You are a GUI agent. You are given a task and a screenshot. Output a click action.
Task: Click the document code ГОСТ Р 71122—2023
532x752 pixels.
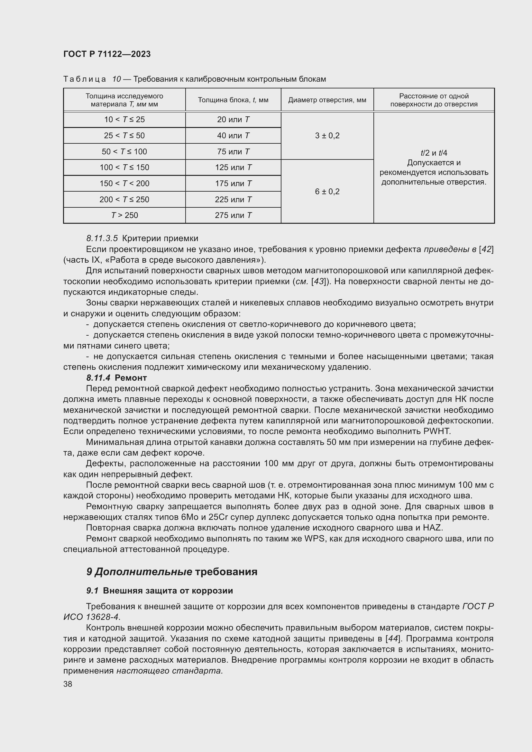107,54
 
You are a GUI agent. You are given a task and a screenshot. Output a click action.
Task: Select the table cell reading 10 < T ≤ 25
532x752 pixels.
124,120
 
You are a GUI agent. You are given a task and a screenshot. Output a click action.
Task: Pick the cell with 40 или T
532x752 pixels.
233,135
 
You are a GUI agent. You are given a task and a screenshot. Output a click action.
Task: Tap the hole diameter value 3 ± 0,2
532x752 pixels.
327,135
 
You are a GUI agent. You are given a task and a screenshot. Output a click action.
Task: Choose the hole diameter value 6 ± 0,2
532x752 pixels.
327,191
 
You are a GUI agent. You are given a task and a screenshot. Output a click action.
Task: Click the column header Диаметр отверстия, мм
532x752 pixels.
327,100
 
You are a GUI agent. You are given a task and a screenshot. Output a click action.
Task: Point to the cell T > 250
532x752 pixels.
124,215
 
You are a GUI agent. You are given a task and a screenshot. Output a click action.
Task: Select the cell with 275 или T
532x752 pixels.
233,215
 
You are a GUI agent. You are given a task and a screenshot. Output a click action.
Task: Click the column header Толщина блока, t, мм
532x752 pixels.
233,100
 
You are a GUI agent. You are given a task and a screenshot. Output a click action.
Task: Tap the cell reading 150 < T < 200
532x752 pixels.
124,183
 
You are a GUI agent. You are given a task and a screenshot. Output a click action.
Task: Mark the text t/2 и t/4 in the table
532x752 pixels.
434,153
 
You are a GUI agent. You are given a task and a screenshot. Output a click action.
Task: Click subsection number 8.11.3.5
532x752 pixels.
102,239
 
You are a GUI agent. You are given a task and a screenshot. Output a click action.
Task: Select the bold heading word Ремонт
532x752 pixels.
131,378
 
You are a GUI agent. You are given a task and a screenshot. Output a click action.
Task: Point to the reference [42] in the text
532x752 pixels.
486,249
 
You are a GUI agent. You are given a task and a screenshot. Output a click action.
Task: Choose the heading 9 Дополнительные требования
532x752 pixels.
172,572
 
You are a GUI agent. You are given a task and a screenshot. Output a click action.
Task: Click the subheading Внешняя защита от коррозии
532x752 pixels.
168,591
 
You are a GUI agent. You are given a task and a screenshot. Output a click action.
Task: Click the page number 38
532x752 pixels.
68,684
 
